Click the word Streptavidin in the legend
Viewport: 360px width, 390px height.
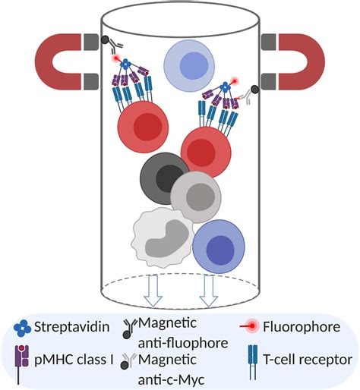(x=74, y=328)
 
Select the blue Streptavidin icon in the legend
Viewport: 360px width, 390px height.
(x=24, y=328)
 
